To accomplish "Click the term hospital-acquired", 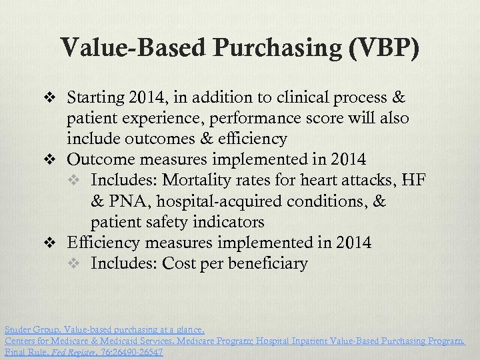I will [223, 201].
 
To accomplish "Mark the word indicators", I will [225, 222].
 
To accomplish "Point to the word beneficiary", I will [267, 263].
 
